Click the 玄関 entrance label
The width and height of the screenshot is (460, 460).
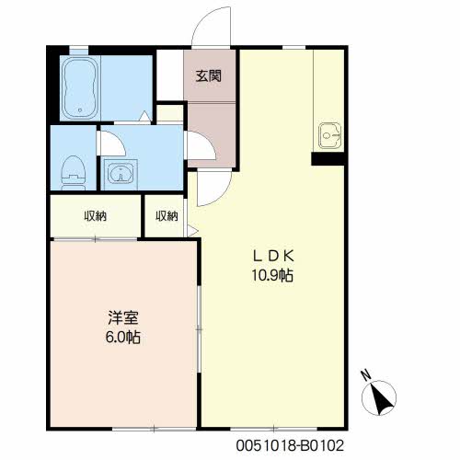click(x=209, y=75)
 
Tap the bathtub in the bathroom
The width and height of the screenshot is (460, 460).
click(x=80, y=88)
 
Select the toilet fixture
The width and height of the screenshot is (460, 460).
click(x=74, y=173)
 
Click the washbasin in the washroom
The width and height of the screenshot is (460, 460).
click(x=121, y=174)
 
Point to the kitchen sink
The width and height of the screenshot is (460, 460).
click(x=329, y=135)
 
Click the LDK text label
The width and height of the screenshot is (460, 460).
click(x=273, y=256)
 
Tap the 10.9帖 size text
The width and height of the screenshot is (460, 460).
click(x=272, y=275)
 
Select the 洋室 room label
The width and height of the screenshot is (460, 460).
click(x=123, y=317)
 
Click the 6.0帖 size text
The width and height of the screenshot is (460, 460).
click(x=123, y=337)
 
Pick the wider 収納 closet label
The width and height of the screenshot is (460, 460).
click(x=96, y=216)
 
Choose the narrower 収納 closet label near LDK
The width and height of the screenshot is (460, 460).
click(x=167, y=216)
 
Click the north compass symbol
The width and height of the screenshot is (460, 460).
click(x=379, y=398)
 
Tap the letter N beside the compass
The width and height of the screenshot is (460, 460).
click(x=366, y=374)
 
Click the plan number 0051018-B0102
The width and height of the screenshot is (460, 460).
click(x=290, y=445)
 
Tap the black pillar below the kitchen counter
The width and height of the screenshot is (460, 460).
click(x=328, y=159)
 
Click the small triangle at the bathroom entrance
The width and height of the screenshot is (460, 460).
click(x=144, y=116)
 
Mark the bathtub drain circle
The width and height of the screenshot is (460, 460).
click(x=80, y=109)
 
